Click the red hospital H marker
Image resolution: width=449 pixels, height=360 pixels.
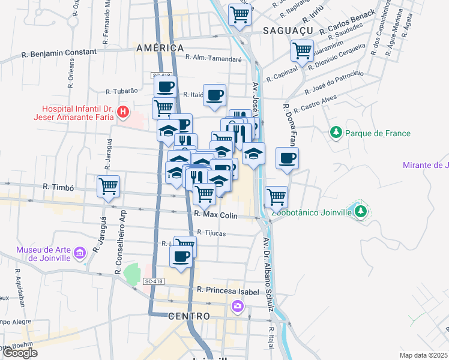[123, 111]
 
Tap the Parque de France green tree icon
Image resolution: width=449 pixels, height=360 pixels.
[336, 132]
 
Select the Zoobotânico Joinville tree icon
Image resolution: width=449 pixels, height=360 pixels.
[360, 211]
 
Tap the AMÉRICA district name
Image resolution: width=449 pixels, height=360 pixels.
[160, 48]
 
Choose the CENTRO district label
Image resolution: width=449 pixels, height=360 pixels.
[189, 316]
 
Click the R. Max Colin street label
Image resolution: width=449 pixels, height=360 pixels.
[216, 215]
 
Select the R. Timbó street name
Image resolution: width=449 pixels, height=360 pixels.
[58, 188]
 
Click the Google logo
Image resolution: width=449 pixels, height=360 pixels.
[20, 353]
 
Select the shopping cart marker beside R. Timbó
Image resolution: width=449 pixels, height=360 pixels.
[108, 185]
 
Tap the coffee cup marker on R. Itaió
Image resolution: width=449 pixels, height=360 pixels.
[214, 95]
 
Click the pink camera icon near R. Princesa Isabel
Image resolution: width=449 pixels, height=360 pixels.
[238, 307]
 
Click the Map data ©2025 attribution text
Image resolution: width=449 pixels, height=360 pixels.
[423, 355]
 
